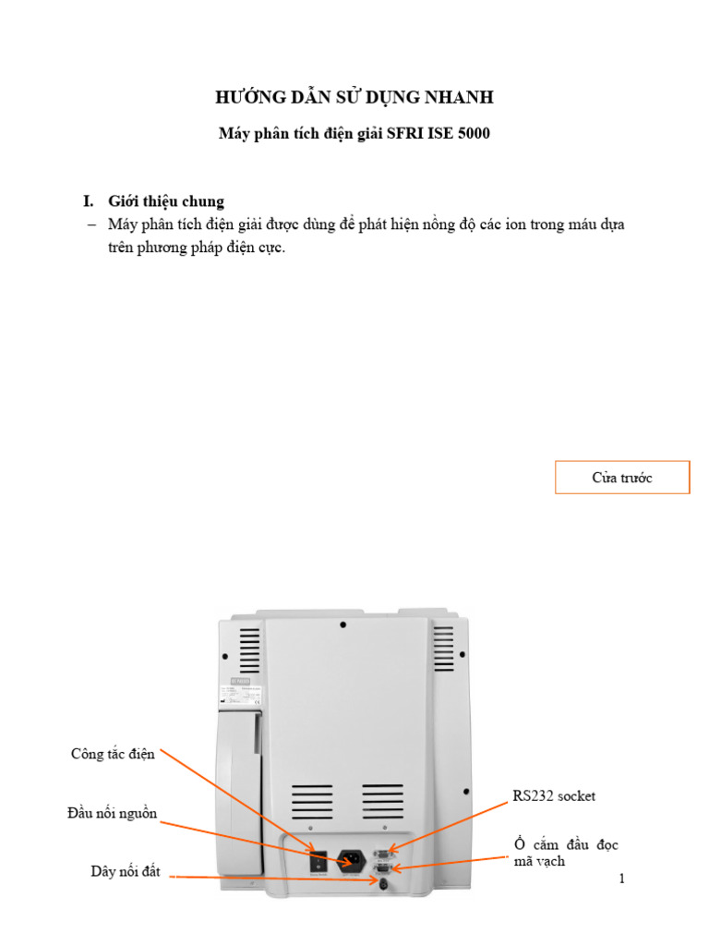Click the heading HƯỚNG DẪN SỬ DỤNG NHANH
(x=354, y=98)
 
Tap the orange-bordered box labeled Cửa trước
(x=621, y=478)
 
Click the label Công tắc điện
(x=113, y=754)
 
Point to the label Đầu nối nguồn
(x=112, y=814)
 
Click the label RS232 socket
(x=560, y=794)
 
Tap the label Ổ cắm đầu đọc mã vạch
(x=566, y=853)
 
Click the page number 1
(x=622, y=879)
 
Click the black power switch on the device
(x=318, y=859)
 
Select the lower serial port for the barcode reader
(x=382, y=867)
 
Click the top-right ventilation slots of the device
(x=443, y=649)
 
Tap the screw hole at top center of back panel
(x=343, y=625)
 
